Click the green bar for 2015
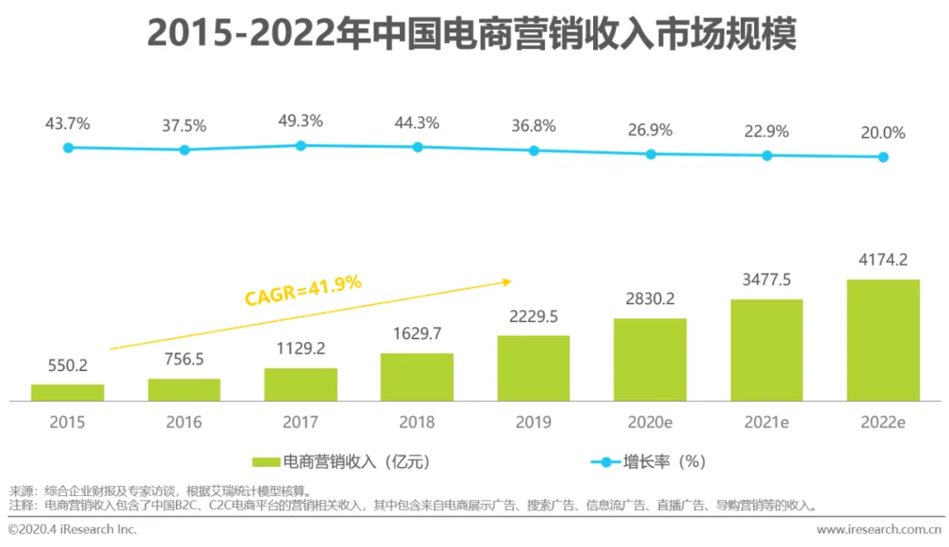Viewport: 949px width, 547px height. point(68,392)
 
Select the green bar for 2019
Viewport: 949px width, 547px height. point(533,368)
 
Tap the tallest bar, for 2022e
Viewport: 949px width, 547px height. point(883,339)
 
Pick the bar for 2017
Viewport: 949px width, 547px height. point(301,384)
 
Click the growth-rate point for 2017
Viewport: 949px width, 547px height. point(301,145)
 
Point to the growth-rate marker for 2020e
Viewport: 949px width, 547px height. point(650,154)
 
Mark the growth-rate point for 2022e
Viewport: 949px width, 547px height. point(883,157)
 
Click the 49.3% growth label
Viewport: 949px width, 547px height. point(301,120)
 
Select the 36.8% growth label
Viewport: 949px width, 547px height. point(533,126)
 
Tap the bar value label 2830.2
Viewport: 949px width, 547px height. point(650,299)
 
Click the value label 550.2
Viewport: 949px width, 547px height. point(68,365)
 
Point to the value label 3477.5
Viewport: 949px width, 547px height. point(767,280)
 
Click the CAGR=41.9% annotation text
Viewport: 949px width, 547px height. point(303,289)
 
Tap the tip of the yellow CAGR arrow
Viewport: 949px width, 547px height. point(511,281)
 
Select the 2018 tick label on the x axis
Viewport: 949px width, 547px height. point(417,422)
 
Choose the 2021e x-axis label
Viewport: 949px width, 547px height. point(767,422)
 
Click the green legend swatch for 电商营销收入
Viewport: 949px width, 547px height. point(265,462)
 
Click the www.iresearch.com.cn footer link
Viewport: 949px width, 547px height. point(879,529)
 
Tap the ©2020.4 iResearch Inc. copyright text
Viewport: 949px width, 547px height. point(72,529)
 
